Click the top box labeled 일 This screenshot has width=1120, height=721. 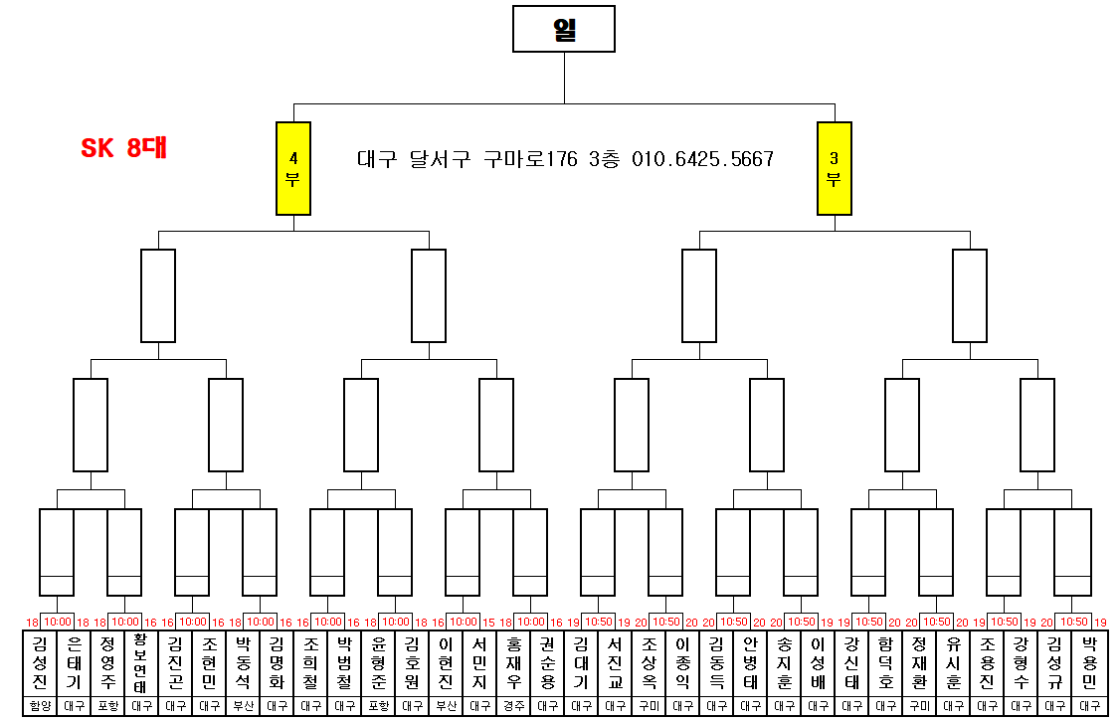click(x=564, y=29)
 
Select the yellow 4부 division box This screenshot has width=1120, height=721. click(x=293, y=168)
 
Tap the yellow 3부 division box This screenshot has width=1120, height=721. click(x=834, y=168)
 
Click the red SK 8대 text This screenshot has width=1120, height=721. click(x=123, y=149)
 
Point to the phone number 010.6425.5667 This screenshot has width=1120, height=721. click(x=702, y=159)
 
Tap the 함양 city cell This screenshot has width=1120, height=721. click(x=40, y=706)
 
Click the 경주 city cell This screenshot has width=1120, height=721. click(x=513, y=706)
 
